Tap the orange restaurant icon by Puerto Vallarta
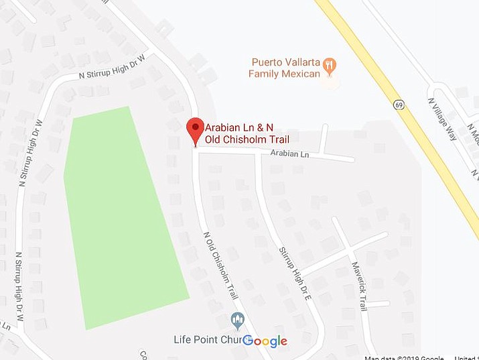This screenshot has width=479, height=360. click(x=329, y=65)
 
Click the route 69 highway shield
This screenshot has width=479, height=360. click(x=399, y=105)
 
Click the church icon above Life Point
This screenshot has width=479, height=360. click(x=235, y=318)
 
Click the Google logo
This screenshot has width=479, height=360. click(x=265, y=341)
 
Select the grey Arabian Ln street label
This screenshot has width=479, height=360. click(x=289, y=154)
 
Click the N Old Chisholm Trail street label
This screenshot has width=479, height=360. click(x=220, y=265)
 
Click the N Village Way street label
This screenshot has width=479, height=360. click(x=443, y=119)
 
